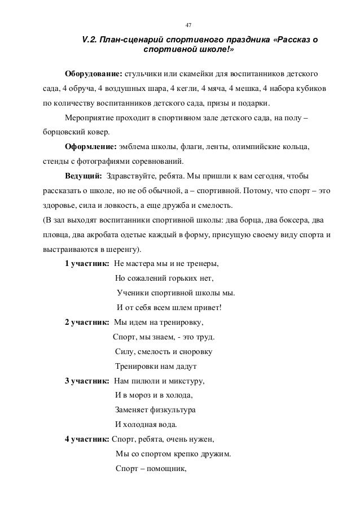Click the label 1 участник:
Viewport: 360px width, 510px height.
[x=87, y=248]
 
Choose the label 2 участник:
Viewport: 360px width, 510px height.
[x=87, y=322]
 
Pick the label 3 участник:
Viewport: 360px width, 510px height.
[x=87, y=380]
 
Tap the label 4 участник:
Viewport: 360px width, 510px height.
[x=87, y=439]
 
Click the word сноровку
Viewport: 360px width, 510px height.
[x=194, y=351]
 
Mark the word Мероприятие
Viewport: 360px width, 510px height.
[x=91, y=119]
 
